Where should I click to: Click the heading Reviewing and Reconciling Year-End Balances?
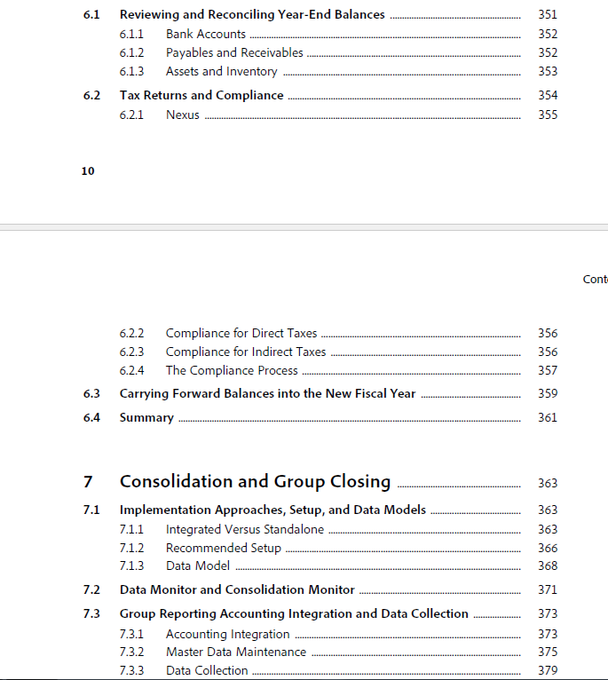coord(252,14)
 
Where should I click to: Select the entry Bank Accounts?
coord(206,34)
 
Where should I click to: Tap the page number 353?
coord(548,71)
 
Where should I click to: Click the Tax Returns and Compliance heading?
coord(201,95)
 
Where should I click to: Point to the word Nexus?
coord(183,115)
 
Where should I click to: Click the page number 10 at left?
coord(88,170)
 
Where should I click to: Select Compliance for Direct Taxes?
coord(241,333)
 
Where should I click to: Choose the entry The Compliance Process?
coord(232,370)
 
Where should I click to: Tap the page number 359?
coord(548,393)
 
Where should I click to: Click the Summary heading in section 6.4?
coord(146,417)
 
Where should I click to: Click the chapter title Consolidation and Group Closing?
coord(255,481)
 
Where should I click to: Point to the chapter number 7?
coord(88,482)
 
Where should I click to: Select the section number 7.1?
coord(91,510)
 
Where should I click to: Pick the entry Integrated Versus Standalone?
coord(245,529)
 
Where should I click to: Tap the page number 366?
coord(548,548)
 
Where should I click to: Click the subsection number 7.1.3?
coord(131,565)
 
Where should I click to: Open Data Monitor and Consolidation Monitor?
coord(237,589)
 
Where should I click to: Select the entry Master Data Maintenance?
coord(236,652)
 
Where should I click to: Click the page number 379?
coord(548,670)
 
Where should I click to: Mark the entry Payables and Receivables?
coord(234,52)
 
